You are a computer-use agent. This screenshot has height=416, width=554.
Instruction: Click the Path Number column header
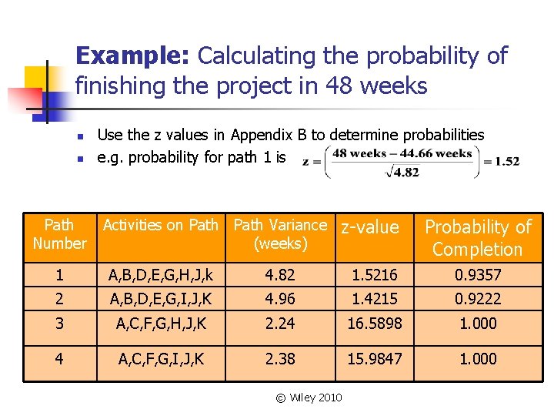(59, 234)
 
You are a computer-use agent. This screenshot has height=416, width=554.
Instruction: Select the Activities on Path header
(161, 225)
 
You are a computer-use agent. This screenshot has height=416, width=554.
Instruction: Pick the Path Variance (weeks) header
(280, 234)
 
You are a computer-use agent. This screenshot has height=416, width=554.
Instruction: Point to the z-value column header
(370, 227)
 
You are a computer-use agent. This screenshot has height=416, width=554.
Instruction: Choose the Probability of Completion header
(478, 238)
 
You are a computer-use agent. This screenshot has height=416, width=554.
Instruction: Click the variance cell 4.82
(280, 274)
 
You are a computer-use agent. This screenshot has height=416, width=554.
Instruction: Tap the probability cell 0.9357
(478, 274)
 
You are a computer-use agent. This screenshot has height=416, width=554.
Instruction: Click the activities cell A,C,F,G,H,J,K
(161, 324)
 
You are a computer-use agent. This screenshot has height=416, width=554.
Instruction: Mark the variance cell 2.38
(280, 359)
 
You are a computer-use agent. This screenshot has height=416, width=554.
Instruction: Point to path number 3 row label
(59, 324)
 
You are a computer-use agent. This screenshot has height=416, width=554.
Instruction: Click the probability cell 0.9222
(478, 298)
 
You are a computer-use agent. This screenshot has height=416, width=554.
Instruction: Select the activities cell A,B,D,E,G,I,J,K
(161, 298)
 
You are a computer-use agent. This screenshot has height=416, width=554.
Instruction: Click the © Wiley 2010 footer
(309, 398)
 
